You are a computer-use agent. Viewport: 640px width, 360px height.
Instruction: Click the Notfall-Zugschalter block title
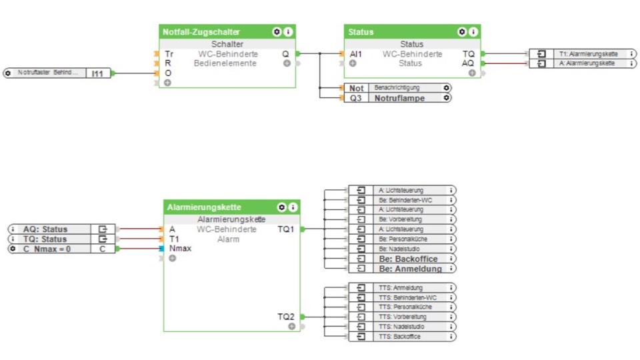click(x=201, y=32)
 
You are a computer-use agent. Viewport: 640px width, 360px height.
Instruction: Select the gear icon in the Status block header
click(x=461, y=32)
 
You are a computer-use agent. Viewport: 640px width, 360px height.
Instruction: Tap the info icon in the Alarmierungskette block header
click(x=291, y=207)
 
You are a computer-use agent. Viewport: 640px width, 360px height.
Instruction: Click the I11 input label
click(x=98, y=73)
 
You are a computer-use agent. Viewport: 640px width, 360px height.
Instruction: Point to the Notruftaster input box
click(x=47, y=73)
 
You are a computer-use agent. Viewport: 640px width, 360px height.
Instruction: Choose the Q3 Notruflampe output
click(x=397, y=98)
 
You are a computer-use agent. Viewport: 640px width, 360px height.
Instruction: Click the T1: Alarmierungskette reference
click(x=588, y=53)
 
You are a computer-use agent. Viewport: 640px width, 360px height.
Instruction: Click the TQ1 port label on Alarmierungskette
click(x=285, y=229)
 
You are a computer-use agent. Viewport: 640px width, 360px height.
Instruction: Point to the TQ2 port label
click(x=285, y=317)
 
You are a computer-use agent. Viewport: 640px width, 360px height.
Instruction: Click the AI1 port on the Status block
click(x=356, y=54)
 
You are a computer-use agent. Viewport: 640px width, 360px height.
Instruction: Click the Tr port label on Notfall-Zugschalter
click(x=169, y=54)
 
